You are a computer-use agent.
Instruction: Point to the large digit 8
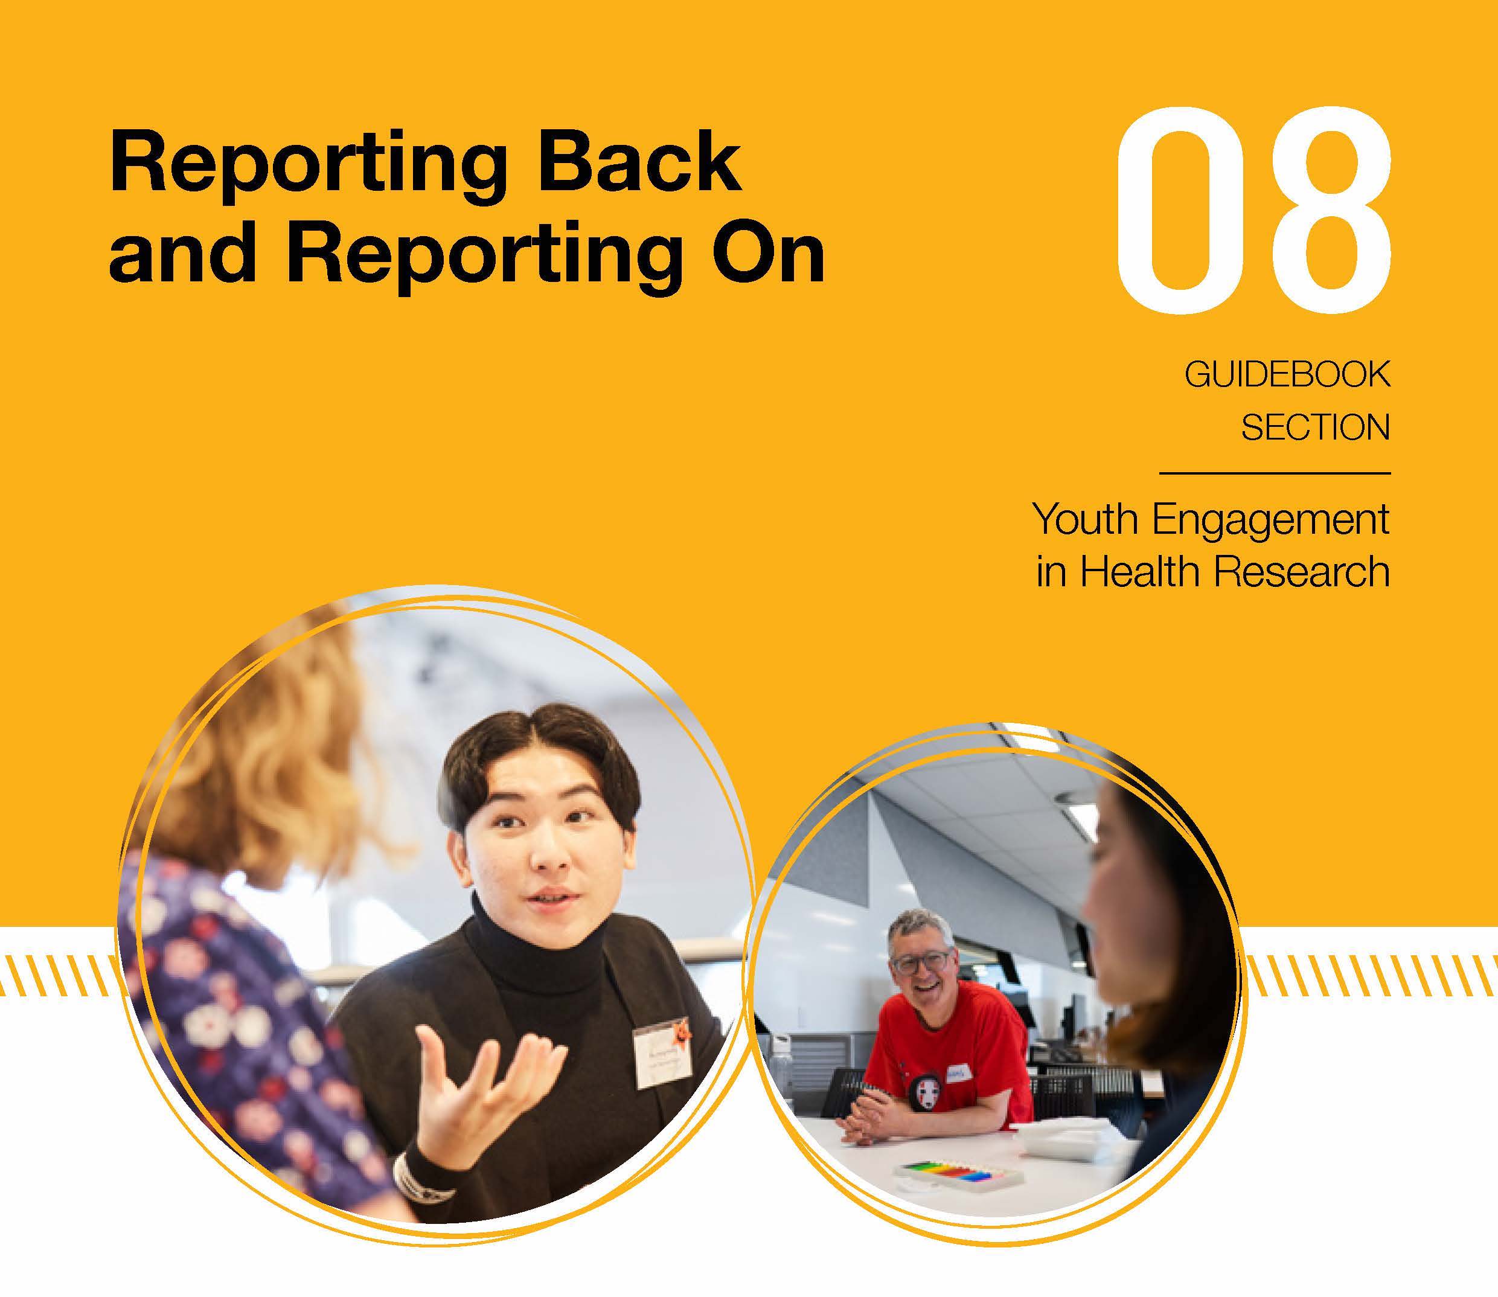click(x=1324, y=210)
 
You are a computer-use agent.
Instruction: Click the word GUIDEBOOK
click(x=1287, y=374)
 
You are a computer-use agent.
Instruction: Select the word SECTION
click(x=1315, y=427)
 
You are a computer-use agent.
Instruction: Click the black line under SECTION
click(x=1275, y=473)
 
